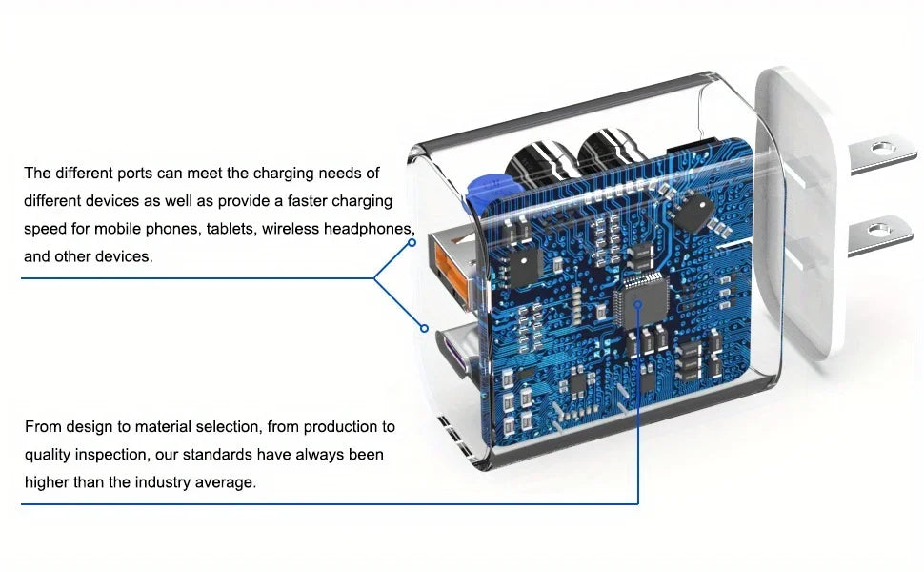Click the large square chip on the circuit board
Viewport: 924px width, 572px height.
tap(638, 303)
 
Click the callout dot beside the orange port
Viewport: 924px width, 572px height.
tap(412, 242)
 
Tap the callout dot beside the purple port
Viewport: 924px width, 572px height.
tap(425, 328)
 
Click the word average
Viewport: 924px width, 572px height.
tap(227, 482)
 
